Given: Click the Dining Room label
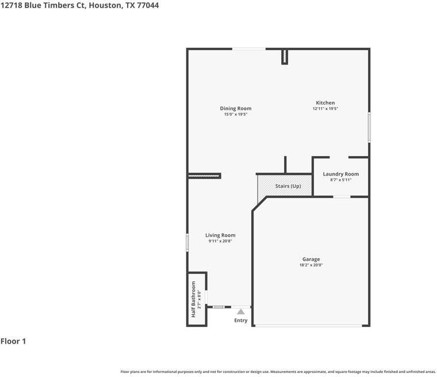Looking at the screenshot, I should tap(235, 108).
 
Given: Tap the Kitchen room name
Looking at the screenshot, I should tap(325, 103).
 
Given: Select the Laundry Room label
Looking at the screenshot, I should tap(340, 174).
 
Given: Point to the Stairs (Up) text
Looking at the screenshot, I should tap(288, 186).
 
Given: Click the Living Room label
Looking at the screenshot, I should tap(220, 235).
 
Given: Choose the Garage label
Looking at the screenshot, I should tap(311, 259).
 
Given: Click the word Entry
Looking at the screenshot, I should tap(240, 321).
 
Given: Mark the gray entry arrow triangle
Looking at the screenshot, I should tap(240, 311).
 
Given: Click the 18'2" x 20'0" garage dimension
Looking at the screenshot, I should tap(311, 265).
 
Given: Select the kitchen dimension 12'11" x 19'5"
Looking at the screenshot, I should tap(325, 109).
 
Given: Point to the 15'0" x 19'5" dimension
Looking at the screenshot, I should tap(235, 115).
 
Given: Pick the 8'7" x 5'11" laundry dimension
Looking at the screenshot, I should tap(340, 180).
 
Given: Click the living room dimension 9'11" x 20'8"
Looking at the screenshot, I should tap(220, 241).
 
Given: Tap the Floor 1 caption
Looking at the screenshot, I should tap(13, 341).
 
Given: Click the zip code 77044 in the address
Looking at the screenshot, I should tap(147, 5).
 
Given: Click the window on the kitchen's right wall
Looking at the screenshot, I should tap(369, 127).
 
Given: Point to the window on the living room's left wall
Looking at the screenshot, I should tap(187, 242).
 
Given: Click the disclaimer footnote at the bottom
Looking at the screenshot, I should tap(278, 372).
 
